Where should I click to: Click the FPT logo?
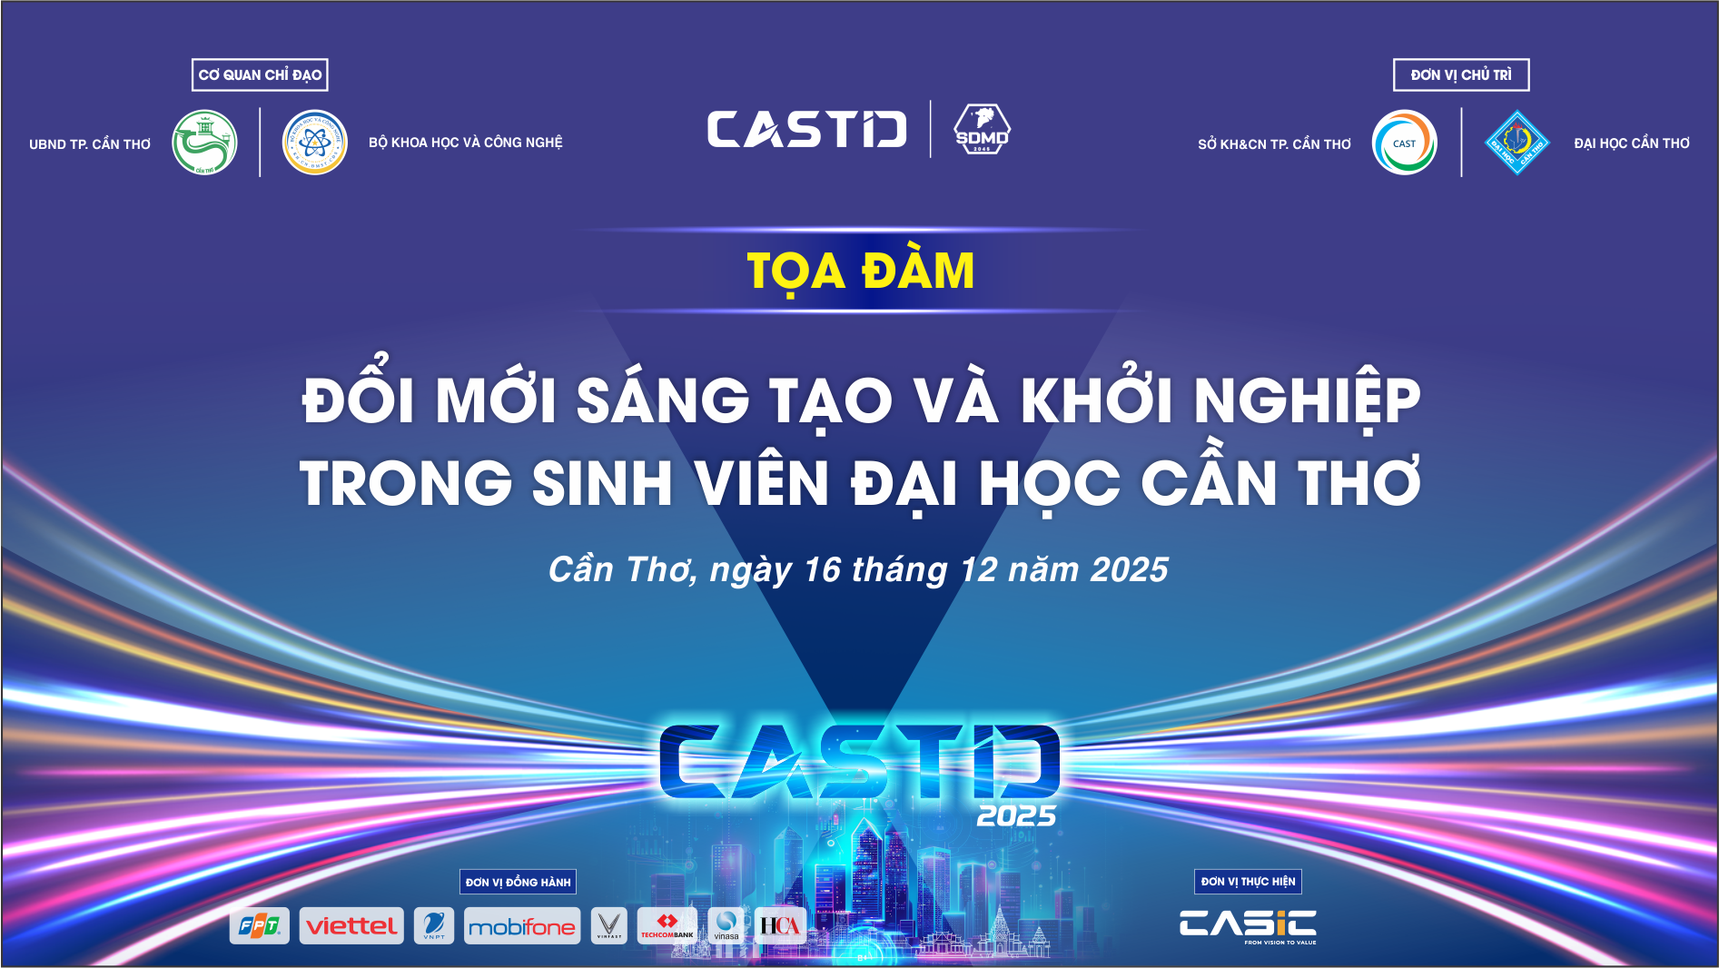[x=260, y=926]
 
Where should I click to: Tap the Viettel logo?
[x=351, y=926]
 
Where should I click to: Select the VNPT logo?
[x=434, y=926]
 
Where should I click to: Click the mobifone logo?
[x=521, y=926]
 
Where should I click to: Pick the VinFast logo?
[x=608, y=926]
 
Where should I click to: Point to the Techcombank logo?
[x=667, y=926]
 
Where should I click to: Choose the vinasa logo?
[x=726, y=926]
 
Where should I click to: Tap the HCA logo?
[x=779, y=926]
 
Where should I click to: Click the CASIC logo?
[x=1248, y=924]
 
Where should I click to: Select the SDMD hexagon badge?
[x=982, y=129]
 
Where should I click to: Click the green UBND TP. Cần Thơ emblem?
[x=205, y=143]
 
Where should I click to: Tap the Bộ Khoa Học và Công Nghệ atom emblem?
[x=315, y=143]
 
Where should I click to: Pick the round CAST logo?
[x=1404, y=143]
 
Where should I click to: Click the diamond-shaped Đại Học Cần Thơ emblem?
[x=1516, y=143]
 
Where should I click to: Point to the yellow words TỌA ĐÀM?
[x=860, y=272]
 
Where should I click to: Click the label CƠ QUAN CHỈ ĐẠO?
[x=260, y=75]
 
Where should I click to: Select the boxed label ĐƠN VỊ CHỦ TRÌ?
[x=1461, y=75]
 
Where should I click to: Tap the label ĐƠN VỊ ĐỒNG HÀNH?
[x=518, y=882]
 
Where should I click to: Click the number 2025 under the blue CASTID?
[x=1016, y=816]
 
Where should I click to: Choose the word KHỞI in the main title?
[x=1097, y=400]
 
